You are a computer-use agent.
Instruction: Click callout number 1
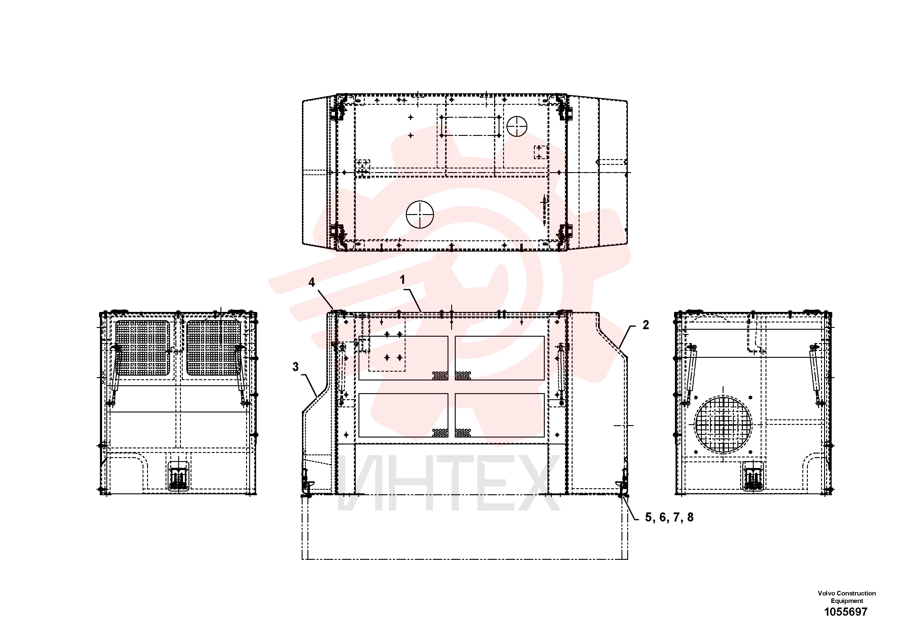click(402, 280)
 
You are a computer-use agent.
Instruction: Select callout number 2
click(646, 325)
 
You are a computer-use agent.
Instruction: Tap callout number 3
click(296, 367)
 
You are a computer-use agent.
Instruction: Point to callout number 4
click(312, 282)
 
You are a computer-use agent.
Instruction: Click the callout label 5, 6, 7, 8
click(669, 517)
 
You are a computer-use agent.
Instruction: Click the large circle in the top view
click(420, 215)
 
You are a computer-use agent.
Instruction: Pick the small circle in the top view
click(517, 126)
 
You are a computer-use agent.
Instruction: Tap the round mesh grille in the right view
click(723, 425)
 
